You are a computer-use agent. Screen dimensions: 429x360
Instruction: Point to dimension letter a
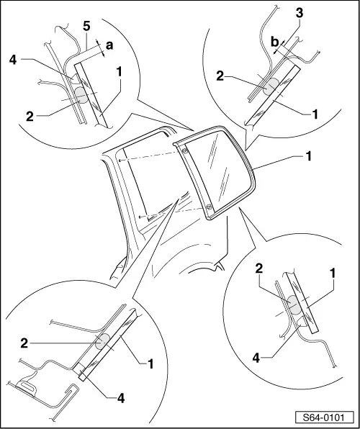[x=109, y=44]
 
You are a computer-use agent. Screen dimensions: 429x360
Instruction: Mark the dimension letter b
[x=274, y=44]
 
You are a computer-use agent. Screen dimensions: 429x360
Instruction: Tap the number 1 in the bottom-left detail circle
[x=151, y=363]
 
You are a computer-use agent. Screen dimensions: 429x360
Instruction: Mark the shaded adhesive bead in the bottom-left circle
[x=102, y=340]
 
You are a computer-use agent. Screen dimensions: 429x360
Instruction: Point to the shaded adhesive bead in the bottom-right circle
[x=295, y=306]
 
